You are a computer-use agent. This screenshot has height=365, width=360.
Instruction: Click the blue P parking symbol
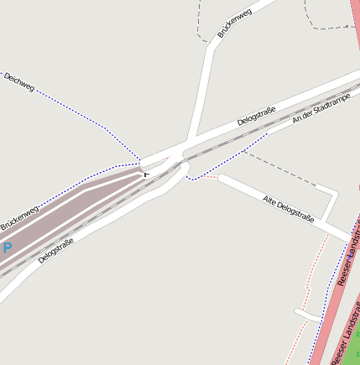pyautogui.click(x=7, y=248)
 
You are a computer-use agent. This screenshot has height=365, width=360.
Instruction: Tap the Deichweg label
pyautogui.click(x=18, y=81)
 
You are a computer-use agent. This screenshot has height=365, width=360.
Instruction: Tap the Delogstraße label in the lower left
pyautogui.click(x=55, y=250)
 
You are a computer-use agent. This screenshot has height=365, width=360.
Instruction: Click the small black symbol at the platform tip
pyautogui.click(x=147, y=174)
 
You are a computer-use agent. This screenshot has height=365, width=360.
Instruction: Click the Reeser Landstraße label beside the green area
pyautogui.click(x=346, y=344)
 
